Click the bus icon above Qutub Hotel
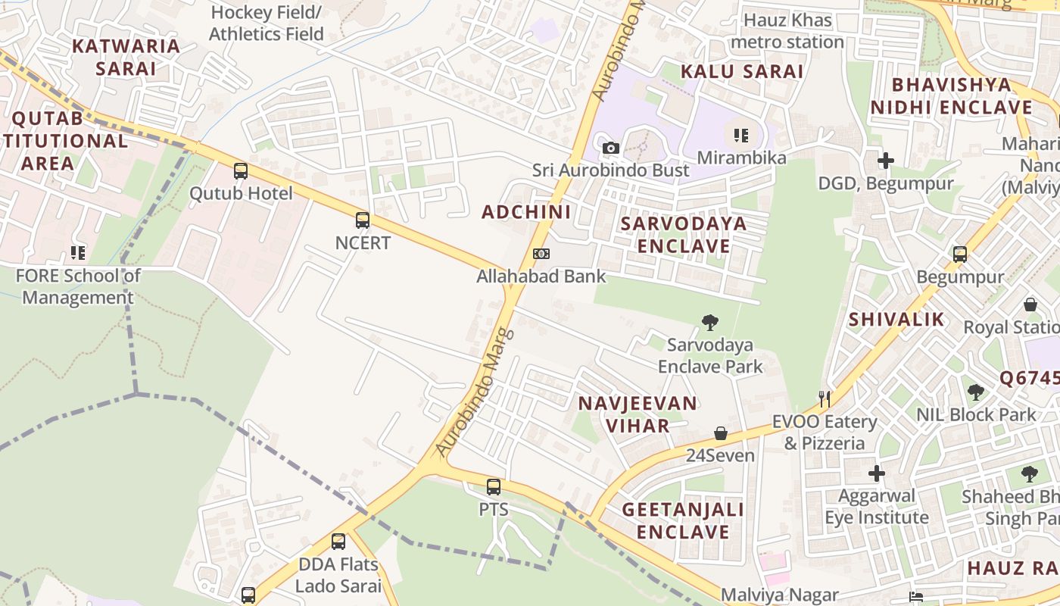241,171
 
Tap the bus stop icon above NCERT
363,220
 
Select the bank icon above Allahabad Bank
541,254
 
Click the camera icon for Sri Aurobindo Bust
611,148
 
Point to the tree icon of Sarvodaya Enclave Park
709,323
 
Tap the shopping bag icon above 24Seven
721,433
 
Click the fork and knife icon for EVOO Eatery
825,398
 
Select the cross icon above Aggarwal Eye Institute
877,473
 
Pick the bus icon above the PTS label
494,487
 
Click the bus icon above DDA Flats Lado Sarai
338,542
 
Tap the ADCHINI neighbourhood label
526,212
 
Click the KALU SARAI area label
741,71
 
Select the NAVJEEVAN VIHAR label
638,414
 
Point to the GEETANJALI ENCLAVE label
683,520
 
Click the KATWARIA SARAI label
126,57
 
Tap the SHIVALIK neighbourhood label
896,319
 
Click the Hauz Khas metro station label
787,30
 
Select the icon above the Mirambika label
741,136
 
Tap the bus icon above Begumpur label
960,254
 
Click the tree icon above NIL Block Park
976,392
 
